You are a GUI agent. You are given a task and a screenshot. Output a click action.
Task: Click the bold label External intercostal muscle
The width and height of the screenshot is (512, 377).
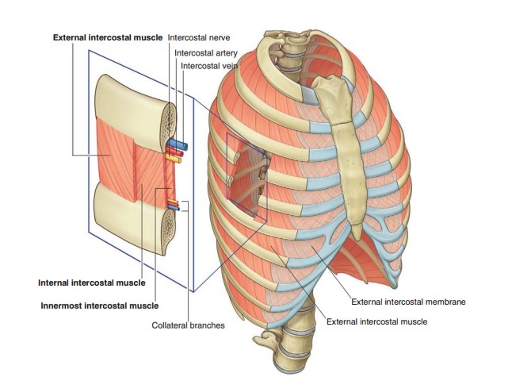pos(107,37)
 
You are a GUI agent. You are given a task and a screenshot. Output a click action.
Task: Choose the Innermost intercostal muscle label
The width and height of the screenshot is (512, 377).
pos(99,305)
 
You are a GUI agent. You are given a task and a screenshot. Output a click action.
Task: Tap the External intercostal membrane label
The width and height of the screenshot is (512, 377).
pos(409,302)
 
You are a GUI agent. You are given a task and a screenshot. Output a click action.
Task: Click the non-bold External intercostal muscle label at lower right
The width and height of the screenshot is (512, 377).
pos(376,321)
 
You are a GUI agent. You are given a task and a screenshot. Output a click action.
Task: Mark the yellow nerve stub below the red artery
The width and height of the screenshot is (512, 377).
pos(174,159)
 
